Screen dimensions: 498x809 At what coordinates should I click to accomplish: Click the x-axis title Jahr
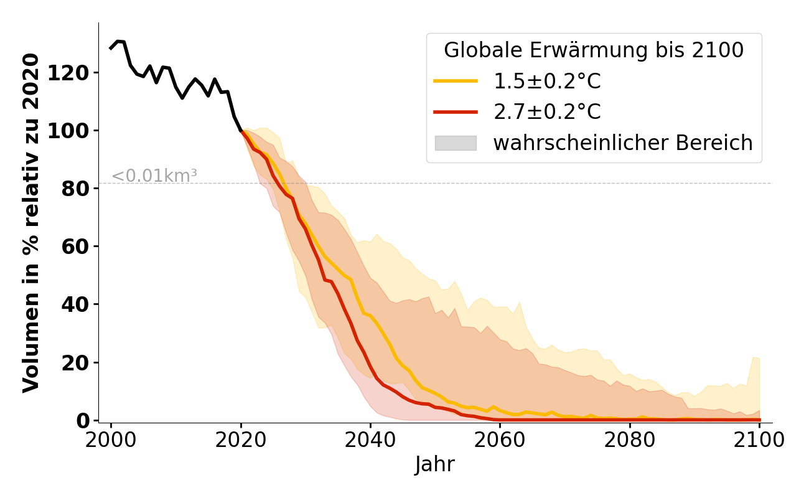coord(435,465)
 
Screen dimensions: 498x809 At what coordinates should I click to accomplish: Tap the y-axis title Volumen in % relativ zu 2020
coord(32,223)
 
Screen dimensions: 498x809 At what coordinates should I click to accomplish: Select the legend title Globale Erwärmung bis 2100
coord(594,50)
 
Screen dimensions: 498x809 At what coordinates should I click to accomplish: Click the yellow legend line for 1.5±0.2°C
coord(456,81)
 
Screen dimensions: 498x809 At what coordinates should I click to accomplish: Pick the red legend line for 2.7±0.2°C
coord(456,112)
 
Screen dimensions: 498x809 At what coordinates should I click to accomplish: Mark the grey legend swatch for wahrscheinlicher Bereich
coord(456,143)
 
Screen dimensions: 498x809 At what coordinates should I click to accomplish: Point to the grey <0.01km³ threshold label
coord(154,176)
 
